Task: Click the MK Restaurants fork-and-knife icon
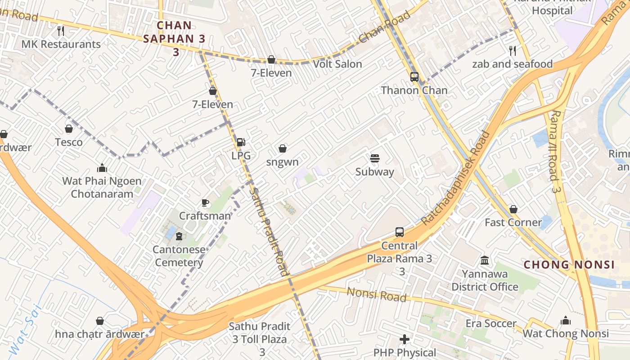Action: [x=61, y=31]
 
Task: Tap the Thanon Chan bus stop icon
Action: [x=414, y=77]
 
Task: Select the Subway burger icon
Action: [x=374, y=158]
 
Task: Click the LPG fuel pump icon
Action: [x=241, y=142]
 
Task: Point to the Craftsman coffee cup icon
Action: [x=205, y=202]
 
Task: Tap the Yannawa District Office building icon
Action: [x=485, y=260]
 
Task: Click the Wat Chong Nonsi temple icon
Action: [x=566, y=320]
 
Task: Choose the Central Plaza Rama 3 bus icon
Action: [x=400, y=232]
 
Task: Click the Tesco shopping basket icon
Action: [x=69, y=129]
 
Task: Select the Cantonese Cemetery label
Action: [x=179, y=256]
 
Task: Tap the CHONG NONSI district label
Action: [x=569, y=265]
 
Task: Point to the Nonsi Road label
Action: [x=376, y=294]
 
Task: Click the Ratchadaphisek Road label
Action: [x=455, y=178]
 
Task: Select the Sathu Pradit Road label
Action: [x=269, y=232]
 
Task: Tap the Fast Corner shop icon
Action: [x=513, y=209]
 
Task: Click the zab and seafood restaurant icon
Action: [x=512, y=50]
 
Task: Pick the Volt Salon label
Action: [x=337, y=64]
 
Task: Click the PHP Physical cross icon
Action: [x=405, y=339]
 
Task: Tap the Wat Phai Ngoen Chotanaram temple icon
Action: [x=102, y=168]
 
